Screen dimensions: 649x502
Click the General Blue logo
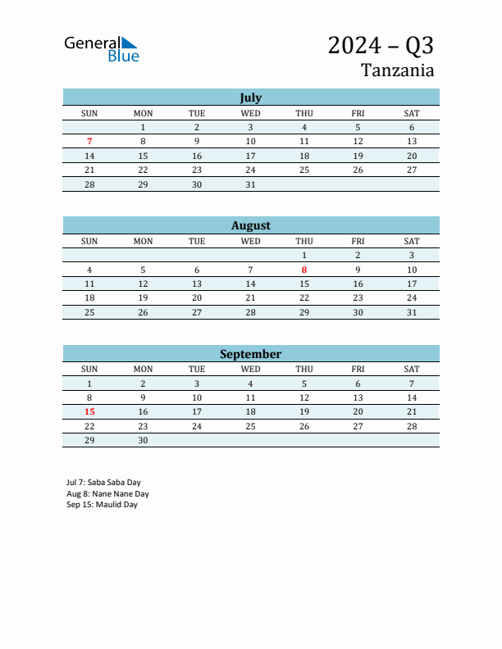point(102,49)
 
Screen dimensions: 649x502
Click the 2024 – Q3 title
point(381,45)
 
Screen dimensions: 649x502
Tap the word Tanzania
point(397,70)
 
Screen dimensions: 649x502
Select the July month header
point(250,98)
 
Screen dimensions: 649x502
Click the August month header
point(250,225)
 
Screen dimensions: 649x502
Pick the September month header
point(250,354)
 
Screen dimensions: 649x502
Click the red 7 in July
point(89,141)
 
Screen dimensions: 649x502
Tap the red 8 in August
point(304,270)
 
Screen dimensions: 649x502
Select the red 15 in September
point(89,412)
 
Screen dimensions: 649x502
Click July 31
point(250,185)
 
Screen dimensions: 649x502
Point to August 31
point(412,313)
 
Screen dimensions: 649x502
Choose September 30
point(143,441)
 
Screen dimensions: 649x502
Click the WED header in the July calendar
point(250,113)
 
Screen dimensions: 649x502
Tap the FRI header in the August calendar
point(358,241)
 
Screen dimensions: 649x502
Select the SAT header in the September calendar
point(412,370)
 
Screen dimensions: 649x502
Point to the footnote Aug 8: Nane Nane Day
point(107,494)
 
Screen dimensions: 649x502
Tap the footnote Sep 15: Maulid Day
point(102,505)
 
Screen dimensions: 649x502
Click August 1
point(304,256)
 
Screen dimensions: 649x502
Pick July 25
point(304,170)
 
